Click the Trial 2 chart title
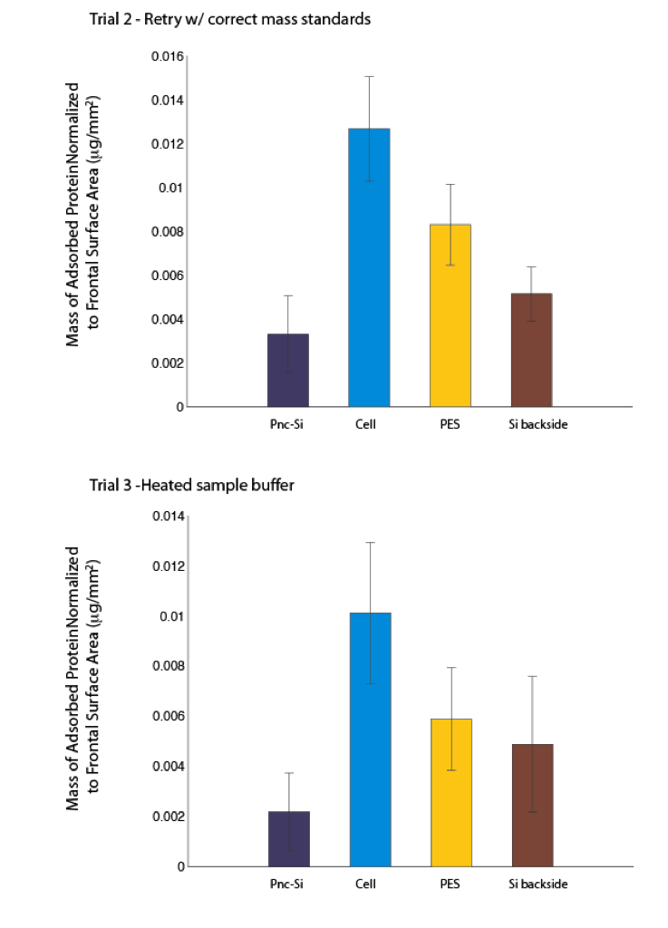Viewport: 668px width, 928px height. pos(230,19)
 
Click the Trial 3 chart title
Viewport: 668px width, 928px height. pos(192,486)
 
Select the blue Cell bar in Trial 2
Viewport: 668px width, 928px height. pos(369,267)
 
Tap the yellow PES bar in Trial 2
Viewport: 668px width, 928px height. pos(450,315)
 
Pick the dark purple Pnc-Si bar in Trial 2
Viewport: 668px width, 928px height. pos(288,371)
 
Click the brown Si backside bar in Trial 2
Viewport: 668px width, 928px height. pos(532,350)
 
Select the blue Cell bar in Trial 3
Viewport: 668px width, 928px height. pos(371,739)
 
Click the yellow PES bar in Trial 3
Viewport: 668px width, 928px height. pos(451,793)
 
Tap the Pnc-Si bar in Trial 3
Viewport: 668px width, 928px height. pos(289,839)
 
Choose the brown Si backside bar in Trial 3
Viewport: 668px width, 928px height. pos(533,806)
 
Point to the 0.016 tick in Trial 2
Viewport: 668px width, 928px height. pos(168,56)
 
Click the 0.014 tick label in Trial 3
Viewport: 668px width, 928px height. pos(169,516)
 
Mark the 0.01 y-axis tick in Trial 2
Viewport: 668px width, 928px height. pos(171,188)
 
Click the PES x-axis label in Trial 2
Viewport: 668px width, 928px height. pos(450,424)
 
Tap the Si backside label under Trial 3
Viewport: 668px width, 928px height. pos(537,884)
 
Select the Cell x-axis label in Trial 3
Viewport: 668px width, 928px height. pos(365,884)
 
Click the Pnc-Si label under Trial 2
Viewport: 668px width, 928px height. pos(286,424)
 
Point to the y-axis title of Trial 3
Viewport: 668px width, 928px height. pos(82,678)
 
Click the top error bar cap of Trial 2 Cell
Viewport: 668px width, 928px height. pos(369,76)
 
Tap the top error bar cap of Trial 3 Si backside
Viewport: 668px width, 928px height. pos(533,676)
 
